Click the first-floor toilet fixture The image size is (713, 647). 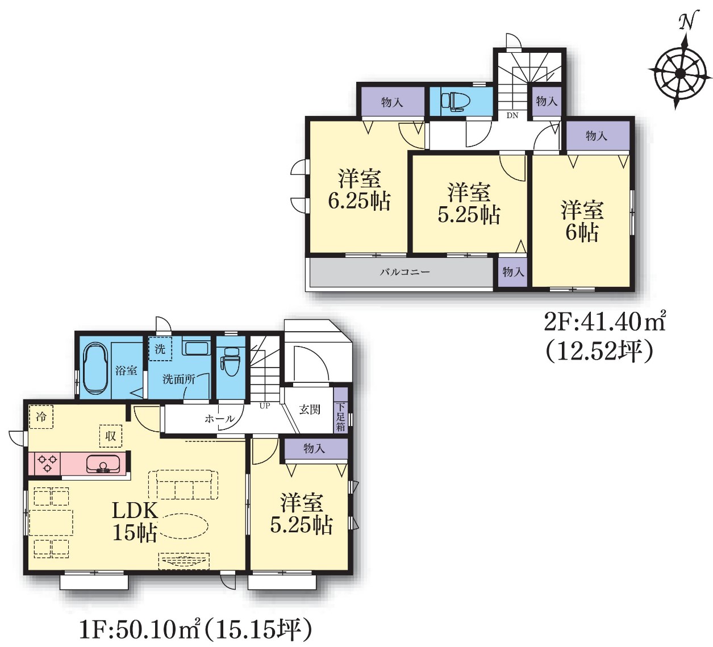coord(231,361)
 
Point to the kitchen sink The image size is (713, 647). coord(103,464)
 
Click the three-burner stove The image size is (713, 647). coord(48,463)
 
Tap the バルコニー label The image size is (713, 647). coord(405,272)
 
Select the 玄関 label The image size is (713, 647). coord(310,410)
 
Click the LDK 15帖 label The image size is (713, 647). coord(135,522)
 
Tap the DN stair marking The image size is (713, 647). coord(512,115)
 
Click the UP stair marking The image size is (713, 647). coord(264,406)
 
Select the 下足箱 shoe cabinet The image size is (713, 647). coord(340,410)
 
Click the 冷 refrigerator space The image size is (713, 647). coord(41,416)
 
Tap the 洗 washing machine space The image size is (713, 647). coord(160,349)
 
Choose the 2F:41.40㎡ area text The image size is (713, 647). coord(604,323)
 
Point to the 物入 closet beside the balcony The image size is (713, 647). coord(512,272)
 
